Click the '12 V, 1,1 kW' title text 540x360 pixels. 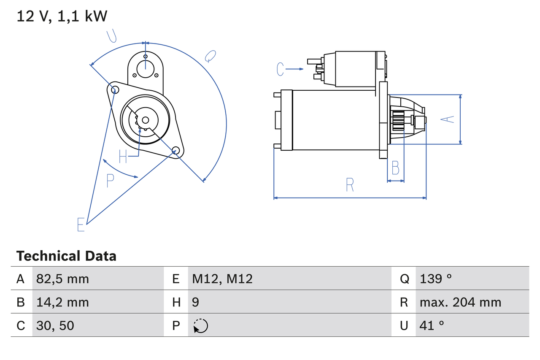[x=62, y=16]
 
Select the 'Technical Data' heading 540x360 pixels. [x=66, y=256]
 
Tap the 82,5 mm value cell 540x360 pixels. [x=62, y=279]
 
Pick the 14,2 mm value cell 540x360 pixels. [x=62, y=302]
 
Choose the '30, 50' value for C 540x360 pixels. [x=55, y=325]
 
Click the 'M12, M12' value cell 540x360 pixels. [x=222, y=279]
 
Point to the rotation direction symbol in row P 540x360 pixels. [x=200, y=326]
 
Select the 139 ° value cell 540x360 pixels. [x=436, y=279]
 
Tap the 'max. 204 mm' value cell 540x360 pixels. [x=460, y=302]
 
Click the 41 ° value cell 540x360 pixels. [x=432, y=325]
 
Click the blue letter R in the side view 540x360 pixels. [x=350, y=185]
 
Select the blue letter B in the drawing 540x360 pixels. [x=395, y=168]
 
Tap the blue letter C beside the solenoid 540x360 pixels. [x=281, y=69]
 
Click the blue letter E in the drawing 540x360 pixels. [x=81, y=225]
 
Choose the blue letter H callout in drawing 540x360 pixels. [x=123, y=157]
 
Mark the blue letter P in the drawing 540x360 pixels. [x=110, y=181]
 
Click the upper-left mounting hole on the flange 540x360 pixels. [x=113, y=89]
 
